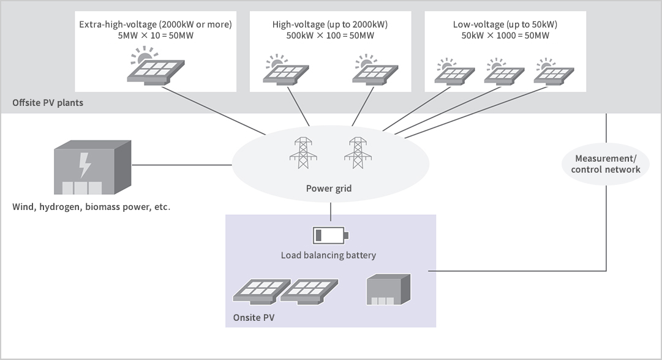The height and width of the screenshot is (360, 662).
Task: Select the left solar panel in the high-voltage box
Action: [283, 71]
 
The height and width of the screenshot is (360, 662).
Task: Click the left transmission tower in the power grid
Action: [303, 152]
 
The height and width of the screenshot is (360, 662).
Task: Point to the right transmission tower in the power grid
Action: [356, 152]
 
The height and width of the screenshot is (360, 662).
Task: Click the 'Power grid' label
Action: [329, 188]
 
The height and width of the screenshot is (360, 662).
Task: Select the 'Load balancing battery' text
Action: [328, 255]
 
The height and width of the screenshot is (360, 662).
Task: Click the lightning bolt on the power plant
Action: [85, 164]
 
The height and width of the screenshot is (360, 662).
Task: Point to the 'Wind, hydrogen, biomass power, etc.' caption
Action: [91, 207]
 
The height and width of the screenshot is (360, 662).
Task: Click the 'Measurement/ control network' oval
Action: [606, 164]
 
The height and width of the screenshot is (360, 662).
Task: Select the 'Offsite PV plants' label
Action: [48, 103]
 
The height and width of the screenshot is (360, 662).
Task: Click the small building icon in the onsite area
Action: [388, 289]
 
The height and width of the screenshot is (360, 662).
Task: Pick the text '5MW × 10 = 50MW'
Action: [156, 36]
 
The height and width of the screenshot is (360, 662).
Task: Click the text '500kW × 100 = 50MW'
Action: [330, 36]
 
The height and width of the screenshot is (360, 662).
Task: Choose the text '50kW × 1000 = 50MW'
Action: [505, 36]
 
